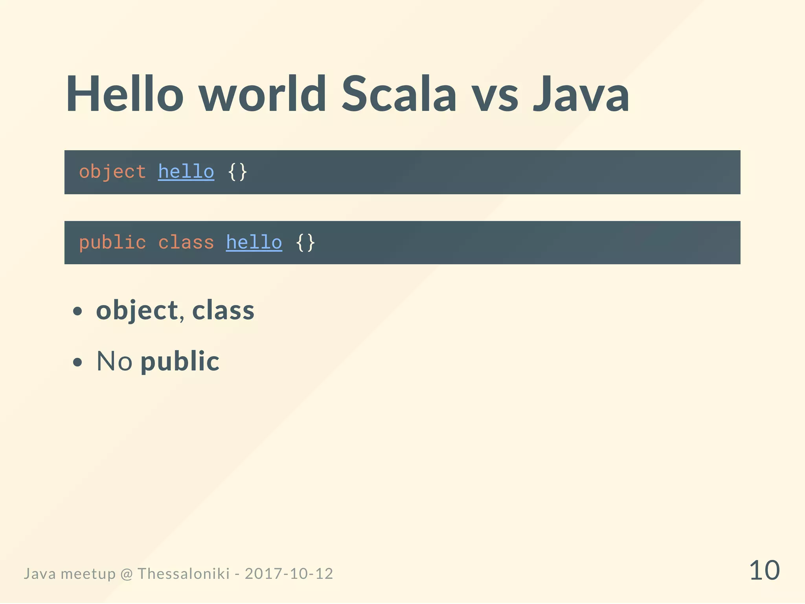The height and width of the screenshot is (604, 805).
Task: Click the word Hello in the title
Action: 125,94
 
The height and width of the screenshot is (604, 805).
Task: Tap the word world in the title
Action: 262,94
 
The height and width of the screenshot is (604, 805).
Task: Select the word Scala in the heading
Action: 399,94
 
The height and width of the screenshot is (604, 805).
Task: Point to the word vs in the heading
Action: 495,98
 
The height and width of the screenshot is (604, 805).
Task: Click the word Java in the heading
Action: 581,94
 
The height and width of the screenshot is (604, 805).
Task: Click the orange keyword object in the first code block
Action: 112,172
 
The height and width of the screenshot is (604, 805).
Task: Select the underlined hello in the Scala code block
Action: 186,172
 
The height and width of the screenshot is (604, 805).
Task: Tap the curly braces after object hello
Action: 237,172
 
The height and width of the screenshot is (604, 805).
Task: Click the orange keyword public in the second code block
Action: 112,243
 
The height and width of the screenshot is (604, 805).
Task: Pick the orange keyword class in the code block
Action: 186,243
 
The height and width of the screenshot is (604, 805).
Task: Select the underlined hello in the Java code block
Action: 254,243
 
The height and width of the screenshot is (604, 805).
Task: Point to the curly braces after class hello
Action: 305,243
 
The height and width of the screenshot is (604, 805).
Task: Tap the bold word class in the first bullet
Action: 223,311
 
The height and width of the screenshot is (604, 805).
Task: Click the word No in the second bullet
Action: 114,361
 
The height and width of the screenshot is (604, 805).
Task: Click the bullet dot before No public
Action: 78,362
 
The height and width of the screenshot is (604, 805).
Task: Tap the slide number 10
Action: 764,571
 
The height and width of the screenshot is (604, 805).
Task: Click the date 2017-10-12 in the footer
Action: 289,574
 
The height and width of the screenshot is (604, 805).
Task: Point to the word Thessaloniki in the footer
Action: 184,574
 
